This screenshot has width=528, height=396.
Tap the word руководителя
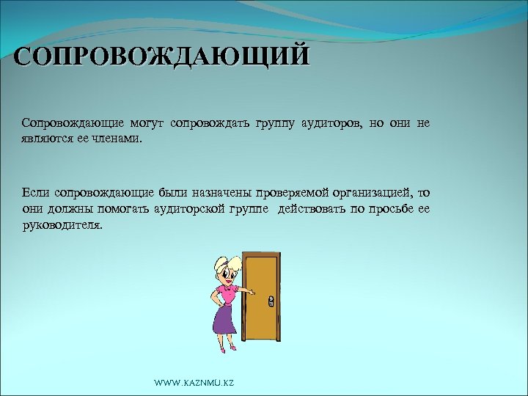(x=62, y=226)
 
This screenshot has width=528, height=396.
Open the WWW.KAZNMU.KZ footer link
(x=194, y=384)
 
